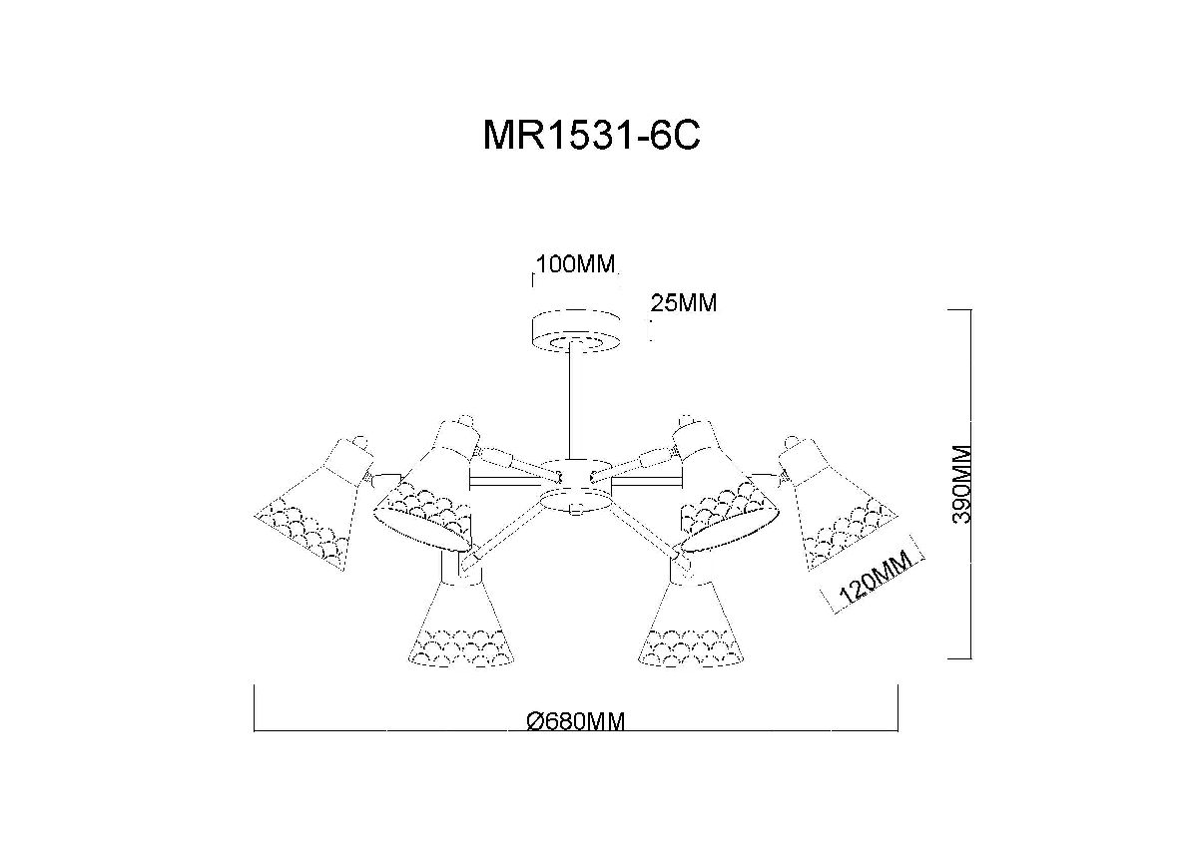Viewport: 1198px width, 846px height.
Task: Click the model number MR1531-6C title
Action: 591,136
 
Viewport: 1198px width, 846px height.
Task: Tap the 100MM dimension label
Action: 575,264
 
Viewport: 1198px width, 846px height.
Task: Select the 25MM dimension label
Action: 684,303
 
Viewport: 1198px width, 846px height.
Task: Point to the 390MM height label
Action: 962,484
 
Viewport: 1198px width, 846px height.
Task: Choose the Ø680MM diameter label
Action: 575,721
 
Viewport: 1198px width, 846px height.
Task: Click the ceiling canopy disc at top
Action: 576,331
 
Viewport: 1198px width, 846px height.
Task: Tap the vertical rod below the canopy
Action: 571,402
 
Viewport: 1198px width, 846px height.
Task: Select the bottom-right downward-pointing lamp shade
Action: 691,621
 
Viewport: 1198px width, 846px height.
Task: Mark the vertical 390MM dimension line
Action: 970,484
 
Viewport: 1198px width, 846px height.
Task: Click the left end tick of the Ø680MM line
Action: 254,707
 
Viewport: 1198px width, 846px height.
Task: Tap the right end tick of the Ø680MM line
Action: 898,707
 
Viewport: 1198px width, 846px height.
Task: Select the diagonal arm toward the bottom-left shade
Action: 503,535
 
